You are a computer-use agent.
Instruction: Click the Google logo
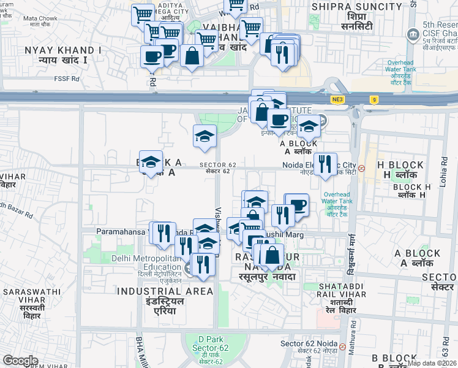click(20, 361)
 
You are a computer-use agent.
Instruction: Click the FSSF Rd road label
click(67, 79)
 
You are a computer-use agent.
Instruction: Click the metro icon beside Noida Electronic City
click(362, 167)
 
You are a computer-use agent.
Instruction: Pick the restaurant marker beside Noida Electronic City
click(325, 164)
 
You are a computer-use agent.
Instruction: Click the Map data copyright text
click(432, 363)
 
